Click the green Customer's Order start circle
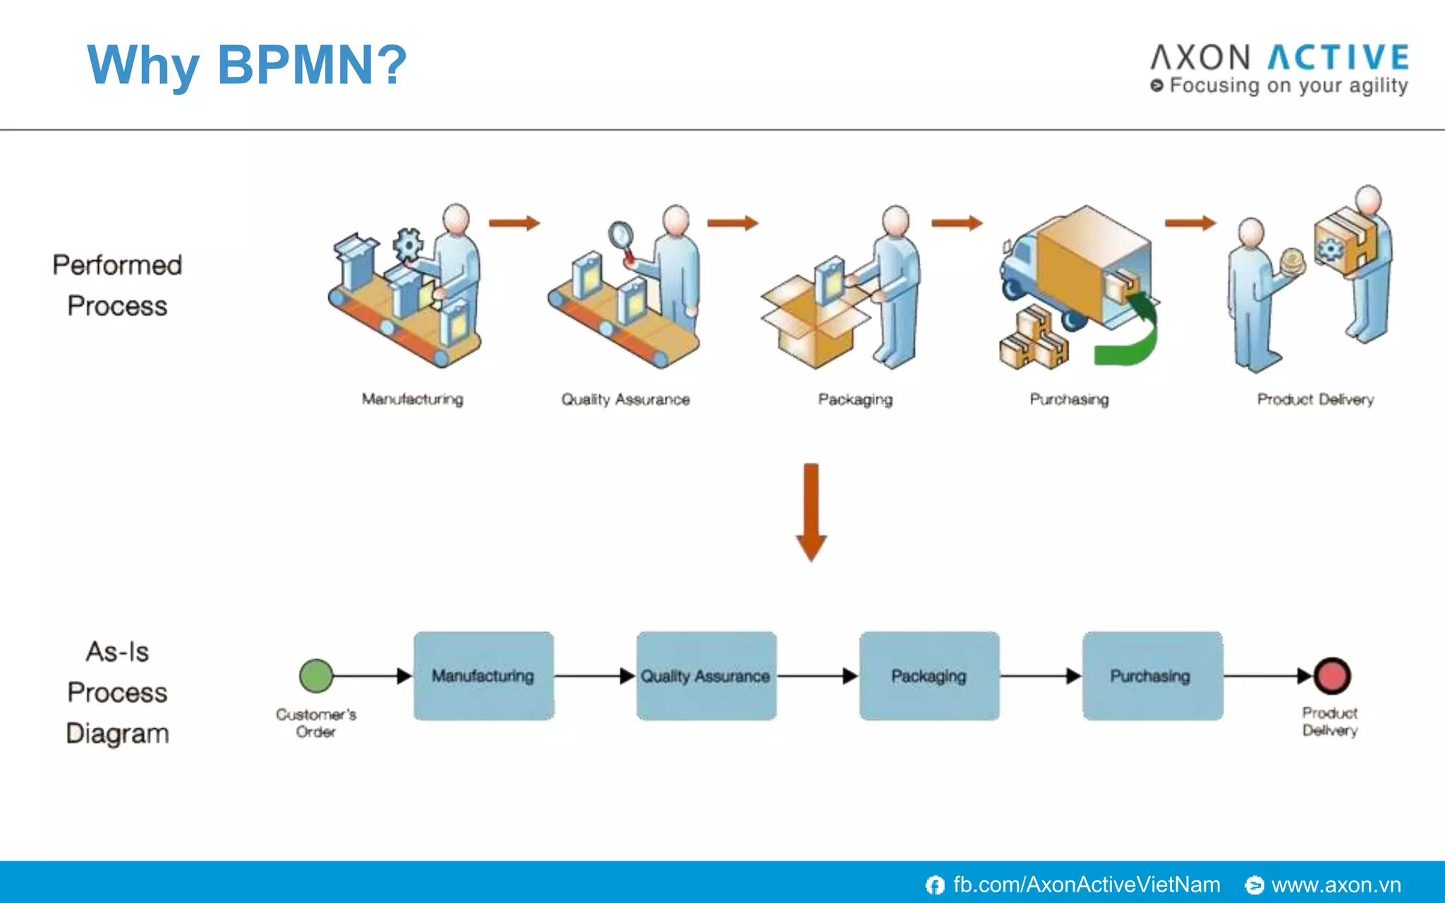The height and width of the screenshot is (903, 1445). tap(316, 676)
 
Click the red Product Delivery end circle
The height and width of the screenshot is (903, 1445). tap(1332, 676)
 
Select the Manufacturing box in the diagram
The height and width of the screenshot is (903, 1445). tap(483, 676)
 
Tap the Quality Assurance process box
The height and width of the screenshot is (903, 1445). tap(706, 676)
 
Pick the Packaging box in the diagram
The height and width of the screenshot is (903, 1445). tap(929, 676)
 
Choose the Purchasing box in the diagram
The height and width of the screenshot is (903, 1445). tap(1152, 676)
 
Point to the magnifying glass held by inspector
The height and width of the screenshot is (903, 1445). tap(621, 234)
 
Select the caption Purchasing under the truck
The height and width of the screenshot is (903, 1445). tap(1069, 399)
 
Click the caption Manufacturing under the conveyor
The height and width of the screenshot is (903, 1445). tap(413, 399)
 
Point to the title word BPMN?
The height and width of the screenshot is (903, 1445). tap(312, 65)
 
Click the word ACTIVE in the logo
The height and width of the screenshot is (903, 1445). tap(1338, 58)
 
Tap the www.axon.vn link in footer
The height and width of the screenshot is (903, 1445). tap(1336, 885)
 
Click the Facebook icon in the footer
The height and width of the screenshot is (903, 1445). tap(935, 885)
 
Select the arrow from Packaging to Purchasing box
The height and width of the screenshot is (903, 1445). tap(1040, 676)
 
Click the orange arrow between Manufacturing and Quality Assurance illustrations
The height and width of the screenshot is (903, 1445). tap(514, 223)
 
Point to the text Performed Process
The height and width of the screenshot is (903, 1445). tap(117, 285)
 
